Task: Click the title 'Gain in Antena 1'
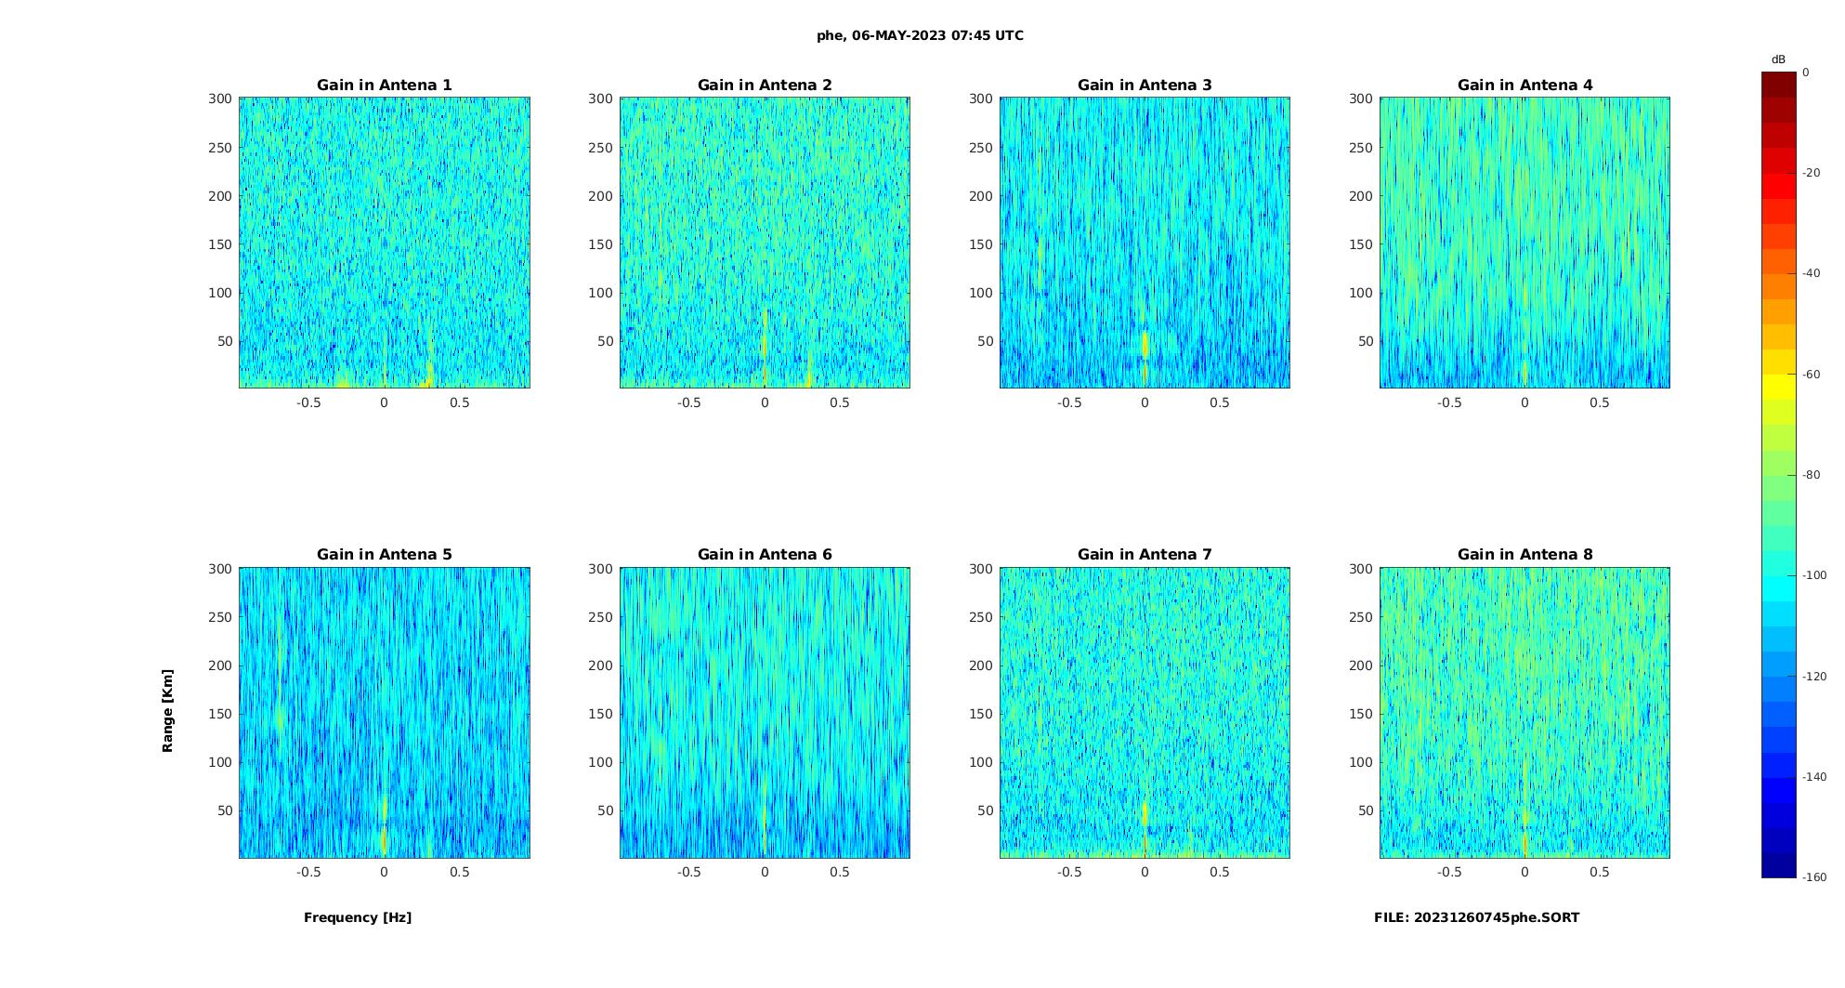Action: [x=385, y=86]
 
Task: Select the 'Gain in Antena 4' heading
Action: [x=1524, y=86]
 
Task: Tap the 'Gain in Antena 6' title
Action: [x=765, y=555]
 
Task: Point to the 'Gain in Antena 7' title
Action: [x=1145, y=555]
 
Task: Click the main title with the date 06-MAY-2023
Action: [x=920, y=36]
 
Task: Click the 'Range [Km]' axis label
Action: [x=168, y=711]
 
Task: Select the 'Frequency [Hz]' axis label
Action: [x=358, y=917]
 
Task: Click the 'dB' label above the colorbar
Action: [x=1778, y=59]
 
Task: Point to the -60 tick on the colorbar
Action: [x=1812, y=375]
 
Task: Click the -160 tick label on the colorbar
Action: [x=1814, y=877]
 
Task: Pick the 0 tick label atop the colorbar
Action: [x=1806, y=72]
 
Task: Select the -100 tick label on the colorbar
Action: [x=1814, y=575]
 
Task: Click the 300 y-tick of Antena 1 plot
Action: [x=220, y=99]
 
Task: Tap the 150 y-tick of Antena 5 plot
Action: [x=220, y=714]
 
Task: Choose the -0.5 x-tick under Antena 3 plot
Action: [x=1068, y=402]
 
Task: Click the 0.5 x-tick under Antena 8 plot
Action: [x=1599, y=872]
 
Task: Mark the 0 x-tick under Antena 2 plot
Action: [x=765, y=402]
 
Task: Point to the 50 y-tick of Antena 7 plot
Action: [x=986, y=810]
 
